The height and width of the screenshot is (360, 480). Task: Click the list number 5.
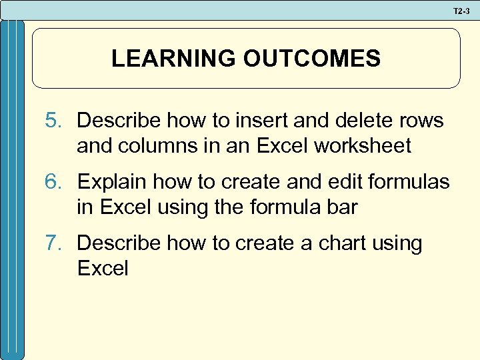[53, 121]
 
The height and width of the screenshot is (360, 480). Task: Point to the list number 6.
[53, 182]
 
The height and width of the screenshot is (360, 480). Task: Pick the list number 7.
[53, 243]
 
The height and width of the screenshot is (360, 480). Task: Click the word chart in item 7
[331, 243]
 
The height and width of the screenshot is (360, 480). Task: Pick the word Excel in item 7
[102, 269]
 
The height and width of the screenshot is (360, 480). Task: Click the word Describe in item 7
[119, 243]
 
